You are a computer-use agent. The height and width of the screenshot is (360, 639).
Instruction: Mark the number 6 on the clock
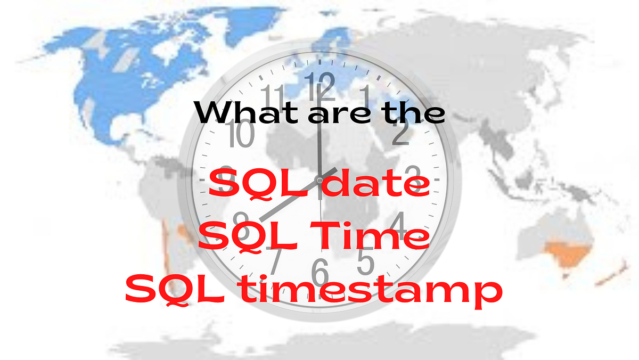[320, 273]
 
